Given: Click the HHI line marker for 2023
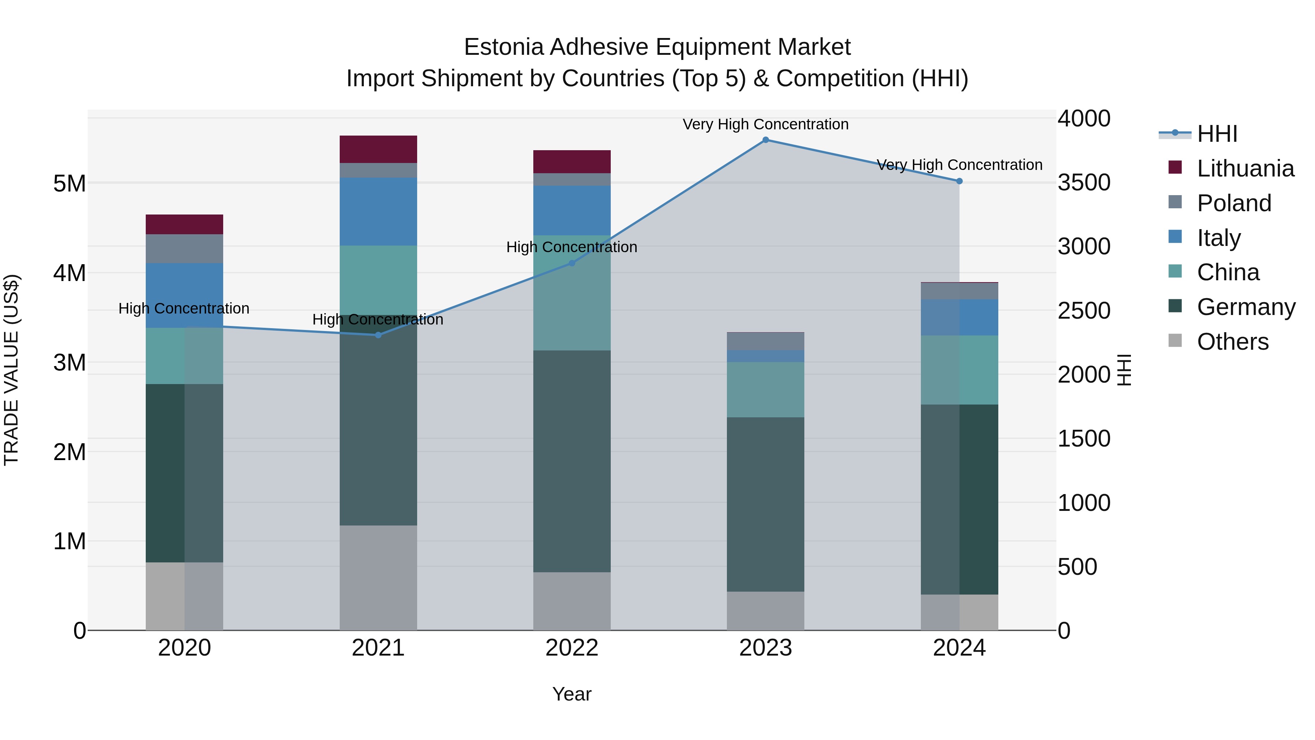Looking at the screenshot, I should coord(765,140).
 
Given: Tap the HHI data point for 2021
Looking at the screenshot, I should coord(378,335).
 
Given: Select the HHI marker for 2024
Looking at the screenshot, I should coord(959,181).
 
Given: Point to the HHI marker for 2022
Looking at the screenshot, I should coord(572,263).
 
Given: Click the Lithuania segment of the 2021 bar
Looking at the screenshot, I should coord(378,149).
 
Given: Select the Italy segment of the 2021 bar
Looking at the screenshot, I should coord(378,212).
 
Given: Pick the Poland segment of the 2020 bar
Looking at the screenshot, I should coord(184,249).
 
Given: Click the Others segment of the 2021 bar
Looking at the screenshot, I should coord(378,578).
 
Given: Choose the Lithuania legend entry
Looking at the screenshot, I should coord(1245,168).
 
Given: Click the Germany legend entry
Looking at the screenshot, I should coord(1246,307).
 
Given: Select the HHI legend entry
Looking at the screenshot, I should coord(1217,134).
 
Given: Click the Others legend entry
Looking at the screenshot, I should coord(1232,342).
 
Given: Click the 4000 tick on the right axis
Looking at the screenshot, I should coord(1083,118).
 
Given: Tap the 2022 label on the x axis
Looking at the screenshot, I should coord(572,648).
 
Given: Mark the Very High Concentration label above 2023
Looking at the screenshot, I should coord(765,124).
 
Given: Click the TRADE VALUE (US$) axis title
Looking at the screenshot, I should coord(11,370).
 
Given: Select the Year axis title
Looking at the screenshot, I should coord(572,694).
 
